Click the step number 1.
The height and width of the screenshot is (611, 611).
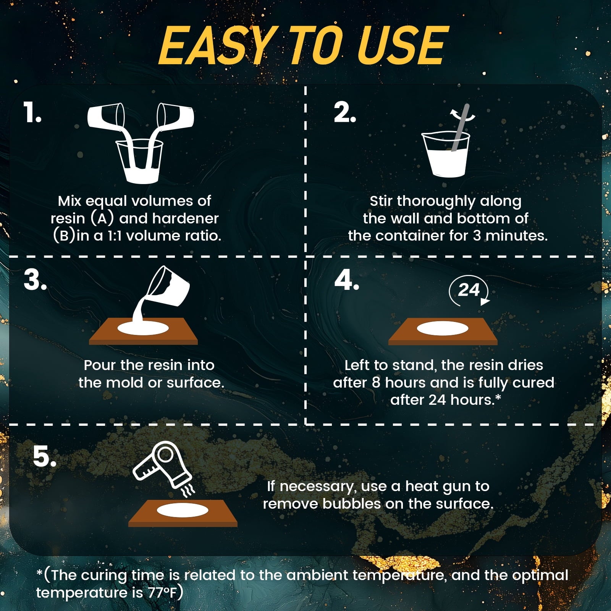point(32,113)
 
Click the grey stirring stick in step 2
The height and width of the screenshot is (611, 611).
point(460,128)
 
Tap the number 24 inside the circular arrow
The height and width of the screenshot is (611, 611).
point(469,290)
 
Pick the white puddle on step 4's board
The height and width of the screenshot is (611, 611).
point(443,328)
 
